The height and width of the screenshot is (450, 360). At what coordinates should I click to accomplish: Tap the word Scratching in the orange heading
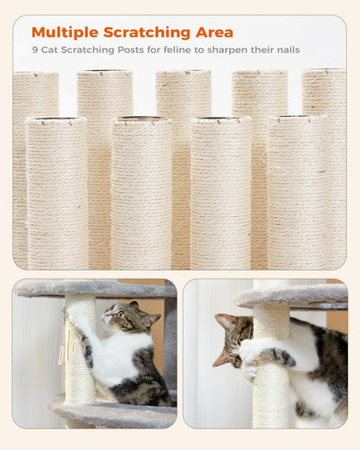pyautogui.click(x=147, y=33)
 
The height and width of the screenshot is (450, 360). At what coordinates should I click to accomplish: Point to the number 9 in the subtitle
pyautogui.click(x=35, y=50)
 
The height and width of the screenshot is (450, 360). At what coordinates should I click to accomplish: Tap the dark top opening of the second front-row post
pyautogui.click(x=141, y=119)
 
